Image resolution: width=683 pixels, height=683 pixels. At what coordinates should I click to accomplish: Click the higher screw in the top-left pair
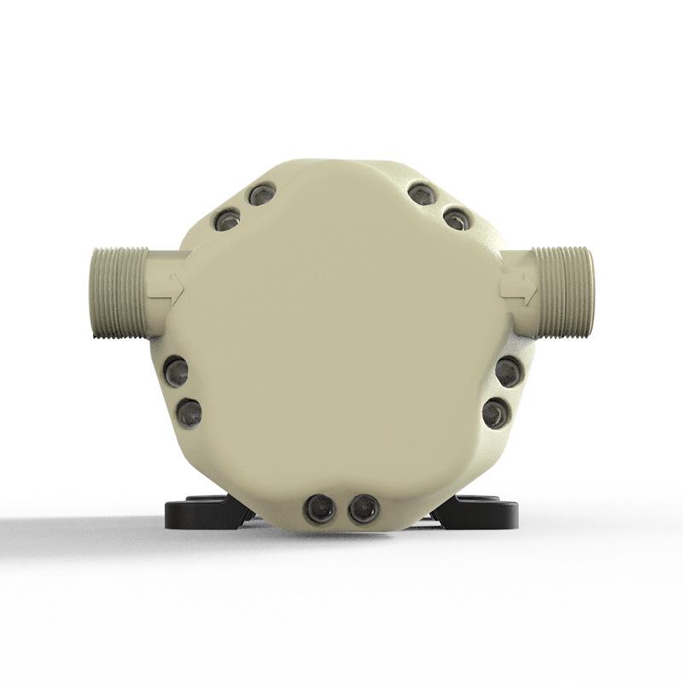(261, 195)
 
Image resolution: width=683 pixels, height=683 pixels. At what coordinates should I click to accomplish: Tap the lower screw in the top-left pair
(227, 220)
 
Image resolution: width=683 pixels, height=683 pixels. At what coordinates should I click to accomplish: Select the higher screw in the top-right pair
(422, 194)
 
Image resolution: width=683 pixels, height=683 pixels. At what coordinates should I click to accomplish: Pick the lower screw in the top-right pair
(457, 219)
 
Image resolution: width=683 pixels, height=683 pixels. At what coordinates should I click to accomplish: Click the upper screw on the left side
(177, 371)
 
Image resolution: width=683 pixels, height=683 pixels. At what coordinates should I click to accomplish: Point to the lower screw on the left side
(188, 413)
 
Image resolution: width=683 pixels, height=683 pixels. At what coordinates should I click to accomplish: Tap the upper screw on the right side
(508, 371)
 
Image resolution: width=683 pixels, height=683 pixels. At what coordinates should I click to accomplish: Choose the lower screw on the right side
(495, 414)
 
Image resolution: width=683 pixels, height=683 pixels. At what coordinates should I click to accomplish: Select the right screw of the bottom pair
(362, 509)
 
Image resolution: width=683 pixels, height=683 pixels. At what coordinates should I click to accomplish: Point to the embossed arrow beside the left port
(171, 286)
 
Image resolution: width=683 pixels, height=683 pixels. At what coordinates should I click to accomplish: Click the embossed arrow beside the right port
(518, 287)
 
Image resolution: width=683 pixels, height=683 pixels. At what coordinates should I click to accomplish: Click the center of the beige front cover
(341, 341)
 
